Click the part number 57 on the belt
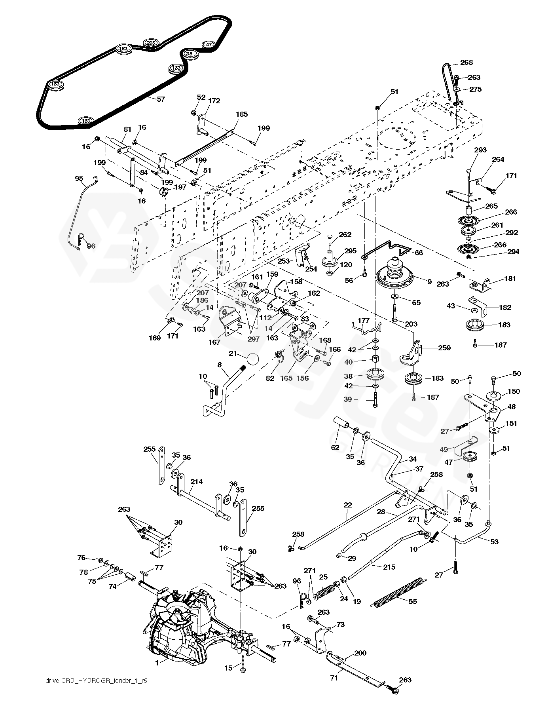(161, 99)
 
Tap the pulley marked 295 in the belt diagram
(150, 43)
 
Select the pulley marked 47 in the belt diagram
(209, 44)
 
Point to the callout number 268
(466, 62)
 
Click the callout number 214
(196, 482)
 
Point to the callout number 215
(389, 567)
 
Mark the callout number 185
(241, 114)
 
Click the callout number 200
(360, 653)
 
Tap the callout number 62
(335, 448)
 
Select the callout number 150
(514, 392)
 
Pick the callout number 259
(444, 348)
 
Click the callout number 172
(214, 101)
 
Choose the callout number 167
(214, 342)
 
